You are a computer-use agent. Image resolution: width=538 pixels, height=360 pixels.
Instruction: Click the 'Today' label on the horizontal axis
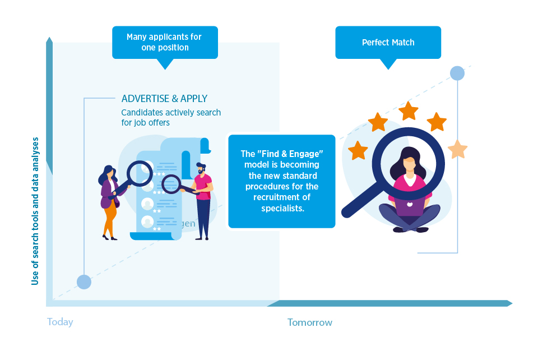pyautogui.click(x=60, y=322)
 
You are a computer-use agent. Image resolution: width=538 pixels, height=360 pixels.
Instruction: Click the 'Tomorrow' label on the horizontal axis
pyautogui.click(x=309, y=322)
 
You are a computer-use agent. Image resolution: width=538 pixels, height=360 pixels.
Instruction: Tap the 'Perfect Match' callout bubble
pyautogui.click(x=388, y=43)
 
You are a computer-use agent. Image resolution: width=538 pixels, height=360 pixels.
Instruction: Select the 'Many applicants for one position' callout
pyautogui.click(x=164, y=43)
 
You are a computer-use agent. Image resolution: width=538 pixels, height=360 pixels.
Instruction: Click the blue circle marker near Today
pyautogui.click(x=84, y=282)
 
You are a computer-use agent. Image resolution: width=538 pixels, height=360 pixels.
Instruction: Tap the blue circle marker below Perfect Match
pyautogui.click(x=457, y=73)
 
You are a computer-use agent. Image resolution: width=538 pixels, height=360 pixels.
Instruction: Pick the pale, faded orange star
pyautogui.click(x=457, y=149)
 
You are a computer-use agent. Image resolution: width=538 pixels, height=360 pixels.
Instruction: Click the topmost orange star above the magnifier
pyautogui.click(x=408, y=110)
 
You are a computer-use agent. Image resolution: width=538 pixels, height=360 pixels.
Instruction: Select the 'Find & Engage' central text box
pyautogui.click(x=281, y=181)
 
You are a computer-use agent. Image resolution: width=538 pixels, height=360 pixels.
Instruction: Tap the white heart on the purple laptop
pyautogui.click(x=410, y=206)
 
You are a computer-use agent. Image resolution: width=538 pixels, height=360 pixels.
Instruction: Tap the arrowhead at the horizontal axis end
pyautogui.click(x=509, y=303)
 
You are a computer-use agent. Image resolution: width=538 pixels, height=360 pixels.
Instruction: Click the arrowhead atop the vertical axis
pyautogui.click(x=49, y=41)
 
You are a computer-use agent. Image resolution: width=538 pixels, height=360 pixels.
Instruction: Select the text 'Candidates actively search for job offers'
pyautogui.click(x=171, y=117)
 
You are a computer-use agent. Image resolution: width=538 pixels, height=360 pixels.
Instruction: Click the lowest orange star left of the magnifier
pyautogui.click(x=358, y=150)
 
